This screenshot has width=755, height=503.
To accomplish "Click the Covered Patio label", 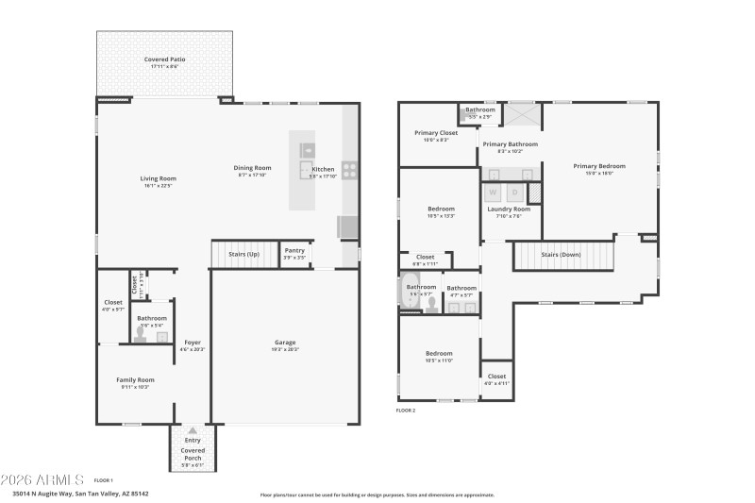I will pos(164,59).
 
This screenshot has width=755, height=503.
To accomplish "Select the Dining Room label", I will pos(252,168).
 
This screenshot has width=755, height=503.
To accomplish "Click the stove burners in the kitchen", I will pos(349,171).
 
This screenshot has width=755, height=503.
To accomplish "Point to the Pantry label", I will pos(294,250).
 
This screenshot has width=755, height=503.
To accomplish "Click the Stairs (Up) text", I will pos(243,254).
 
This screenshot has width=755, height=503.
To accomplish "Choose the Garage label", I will pos(285,343).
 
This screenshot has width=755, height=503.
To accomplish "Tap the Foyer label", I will pos(192,343).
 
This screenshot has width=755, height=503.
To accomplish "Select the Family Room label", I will pos(135,379).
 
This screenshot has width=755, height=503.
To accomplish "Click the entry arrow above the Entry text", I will pos(192,430).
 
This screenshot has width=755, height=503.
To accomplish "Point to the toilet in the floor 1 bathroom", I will pos(141,334).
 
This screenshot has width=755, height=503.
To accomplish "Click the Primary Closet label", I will pos(436,133).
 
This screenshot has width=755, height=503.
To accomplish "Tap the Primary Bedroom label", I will pos(599,166).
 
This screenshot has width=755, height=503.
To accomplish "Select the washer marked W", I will pos(494,193).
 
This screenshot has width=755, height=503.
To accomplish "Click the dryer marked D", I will pos(514,193).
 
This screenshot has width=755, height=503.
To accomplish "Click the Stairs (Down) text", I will pos(561,255).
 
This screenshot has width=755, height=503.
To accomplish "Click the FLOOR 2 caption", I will pos(406,411).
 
